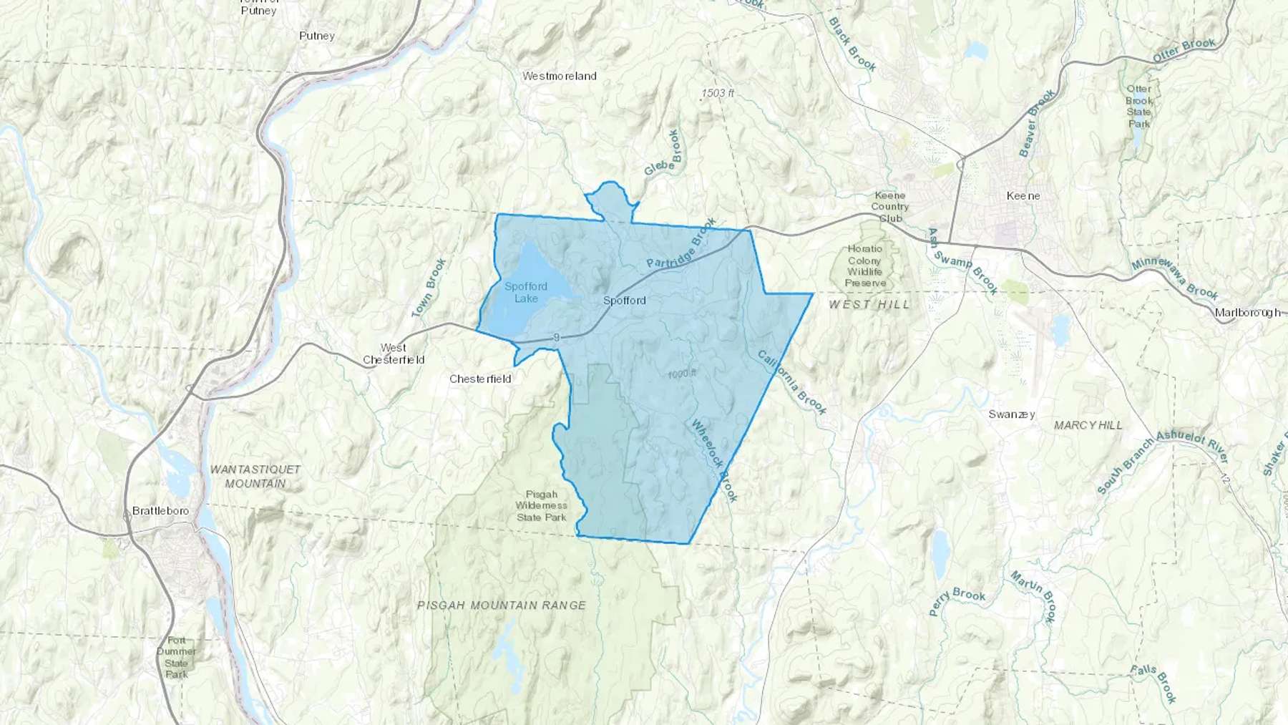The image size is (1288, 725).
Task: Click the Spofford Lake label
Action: (x=526, y=292)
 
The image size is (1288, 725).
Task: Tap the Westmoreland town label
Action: (x=559, y=76)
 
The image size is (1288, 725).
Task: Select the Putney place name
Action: (x=317, y=36)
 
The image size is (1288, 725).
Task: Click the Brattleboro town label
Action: (x=161, y=511)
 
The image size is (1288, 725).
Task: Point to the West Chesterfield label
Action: (x=394, y=354)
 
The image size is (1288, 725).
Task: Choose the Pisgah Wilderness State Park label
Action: (x=542, y=505)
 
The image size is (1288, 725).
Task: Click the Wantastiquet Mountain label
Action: (x=255, y=477)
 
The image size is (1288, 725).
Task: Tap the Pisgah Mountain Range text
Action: (x=502, y=605)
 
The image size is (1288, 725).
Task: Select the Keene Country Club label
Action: (x=890, y=207)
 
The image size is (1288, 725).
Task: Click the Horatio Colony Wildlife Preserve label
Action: (x=865, y=266)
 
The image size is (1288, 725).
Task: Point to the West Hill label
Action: (x=869, y=304)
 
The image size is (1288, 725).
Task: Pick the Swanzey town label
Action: (x=1012, y=414)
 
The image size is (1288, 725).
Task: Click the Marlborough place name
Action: (x=1247, y=313)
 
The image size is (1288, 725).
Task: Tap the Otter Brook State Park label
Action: (x=1139, y=107)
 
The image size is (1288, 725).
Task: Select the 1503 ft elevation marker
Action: (x=718, y=93)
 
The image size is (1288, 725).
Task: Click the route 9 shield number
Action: (x=555, y=337)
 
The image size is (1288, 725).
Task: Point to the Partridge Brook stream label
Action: (x=681, y=243)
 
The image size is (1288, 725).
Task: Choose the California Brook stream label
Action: (x=792, y=382)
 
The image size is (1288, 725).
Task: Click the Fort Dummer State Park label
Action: (x=176, y=657)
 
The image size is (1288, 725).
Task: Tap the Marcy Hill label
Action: (x=1088, y=425)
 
